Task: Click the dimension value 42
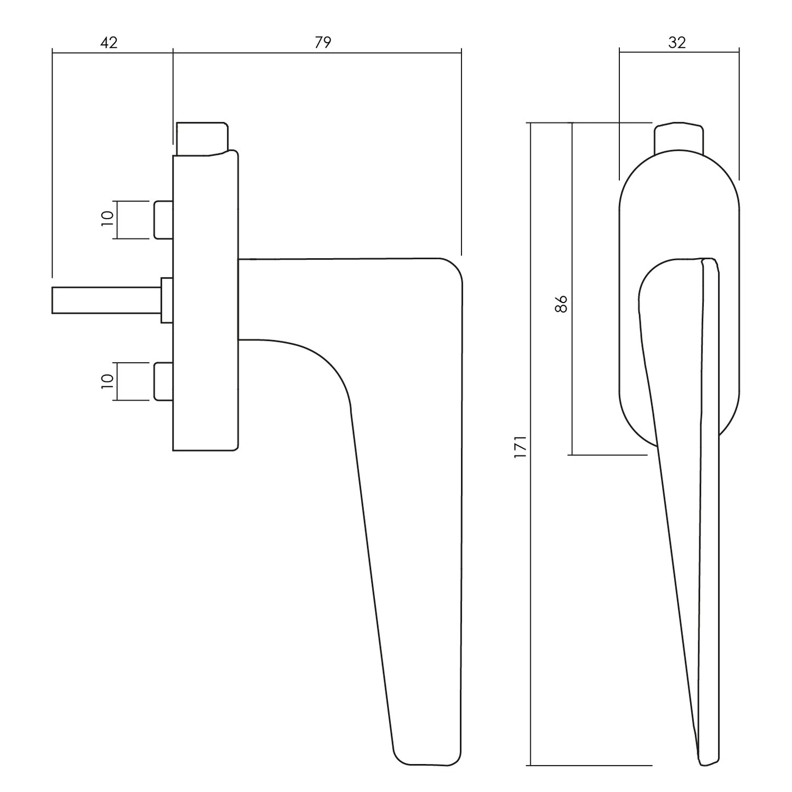coord(109,42)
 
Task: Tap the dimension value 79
coord(323,42)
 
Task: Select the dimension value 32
coord(677,42)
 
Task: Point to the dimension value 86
coord(561,304)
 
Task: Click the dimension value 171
coord(520,447)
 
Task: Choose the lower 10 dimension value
coord(107,381)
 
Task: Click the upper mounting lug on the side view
coord(163,220)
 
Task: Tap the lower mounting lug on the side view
coord(163,381)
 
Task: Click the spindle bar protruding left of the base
coord(106,300)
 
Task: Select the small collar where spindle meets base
coord(167,300)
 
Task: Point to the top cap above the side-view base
coord(202,139)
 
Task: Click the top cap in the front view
coord(679,138)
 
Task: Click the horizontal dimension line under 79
coord(317,53)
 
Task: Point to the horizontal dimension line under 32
coord(680,53)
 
